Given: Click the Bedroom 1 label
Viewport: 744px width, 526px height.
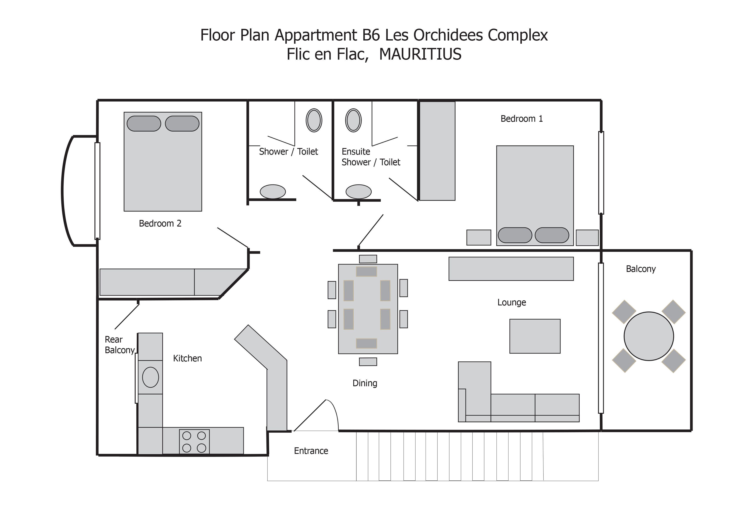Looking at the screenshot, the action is (521, 119).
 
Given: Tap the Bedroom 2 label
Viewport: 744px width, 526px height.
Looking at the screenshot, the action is (160, 224).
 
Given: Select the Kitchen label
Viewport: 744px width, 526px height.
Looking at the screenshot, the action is (187, 358).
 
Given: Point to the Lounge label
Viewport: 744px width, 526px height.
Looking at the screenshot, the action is (512, 302).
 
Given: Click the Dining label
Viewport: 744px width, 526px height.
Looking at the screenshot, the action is (365, 383).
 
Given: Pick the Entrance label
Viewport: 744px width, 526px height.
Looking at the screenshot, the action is (311, 451).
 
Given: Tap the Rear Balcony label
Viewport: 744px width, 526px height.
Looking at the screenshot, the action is (120, 345).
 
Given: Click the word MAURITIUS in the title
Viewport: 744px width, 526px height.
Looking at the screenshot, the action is (420, 54).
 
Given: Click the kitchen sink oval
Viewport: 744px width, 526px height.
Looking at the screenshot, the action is (150, 377).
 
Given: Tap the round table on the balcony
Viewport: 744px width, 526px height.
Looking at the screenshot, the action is (649, 336).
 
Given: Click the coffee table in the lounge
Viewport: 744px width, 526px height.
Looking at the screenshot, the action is (535, 336).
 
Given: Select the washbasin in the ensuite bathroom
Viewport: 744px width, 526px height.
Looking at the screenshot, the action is (353, 120).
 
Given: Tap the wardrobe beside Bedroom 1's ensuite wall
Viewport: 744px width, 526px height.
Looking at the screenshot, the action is (437, 151).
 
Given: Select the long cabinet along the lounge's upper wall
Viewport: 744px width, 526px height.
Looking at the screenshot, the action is (511, 269).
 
